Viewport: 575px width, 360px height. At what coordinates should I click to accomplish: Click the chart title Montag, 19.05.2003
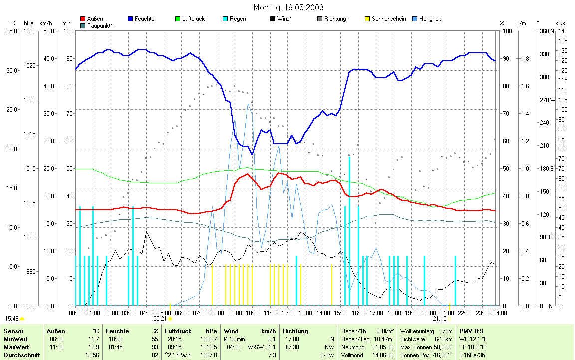tap(288, 7)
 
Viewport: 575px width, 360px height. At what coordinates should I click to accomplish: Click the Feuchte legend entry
tap(144, 19)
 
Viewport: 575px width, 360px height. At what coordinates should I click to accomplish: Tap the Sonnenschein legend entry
tap(388, 19)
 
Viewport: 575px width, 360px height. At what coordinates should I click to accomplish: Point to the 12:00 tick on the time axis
tap(288, 313)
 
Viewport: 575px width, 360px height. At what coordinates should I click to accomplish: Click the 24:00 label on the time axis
tap(500, 313)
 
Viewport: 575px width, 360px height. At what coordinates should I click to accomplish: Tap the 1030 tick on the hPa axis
tap(30, 31)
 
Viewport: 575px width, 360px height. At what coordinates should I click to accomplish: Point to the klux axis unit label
tap(560, 23)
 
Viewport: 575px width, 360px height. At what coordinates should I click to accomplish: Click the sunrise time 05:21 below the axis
tap(160, 318)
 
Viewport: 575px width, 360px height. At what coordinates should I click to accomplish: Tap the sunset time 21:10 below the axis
tap(439, 318)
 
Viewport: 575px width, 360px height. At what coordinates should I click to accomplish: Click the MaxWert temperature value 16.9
tap(93, 347)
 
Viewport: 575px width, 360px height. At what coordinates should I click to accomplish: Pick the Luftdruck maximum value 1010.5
tap(209, 347)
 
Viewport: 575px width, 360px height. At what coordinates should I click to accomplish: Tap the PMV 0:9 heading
tap(471, 331)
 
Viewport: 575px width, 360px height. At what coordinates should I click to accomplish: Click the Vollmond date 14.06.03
tap(383, 355)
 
